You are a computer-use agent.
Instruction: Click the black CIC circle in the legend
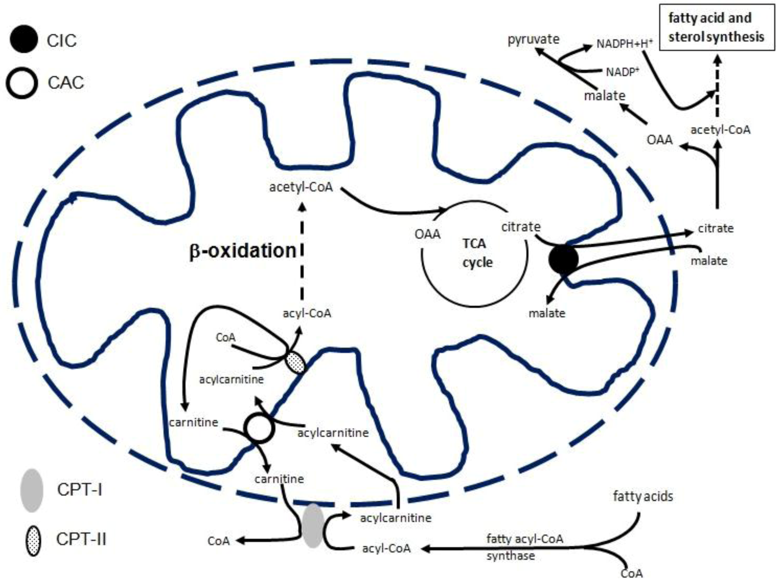pos(23,39)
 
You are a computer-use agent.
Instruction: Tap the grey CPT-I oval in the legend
pos(32,491)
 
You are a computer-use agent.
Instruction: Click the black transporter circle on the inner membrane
pos(564,260)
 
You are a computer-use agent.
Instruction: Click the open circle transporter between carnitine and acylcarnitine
pos(260,428)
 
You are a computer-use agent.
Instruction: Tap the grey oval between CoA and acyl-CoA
pos(313,526)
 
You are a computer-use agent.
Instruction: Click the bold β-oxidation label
pos(243,251)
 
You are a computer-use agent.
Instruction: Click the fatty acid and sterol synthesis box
pos(717,28)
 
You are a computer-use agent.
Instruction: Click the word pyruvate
pos(533,39)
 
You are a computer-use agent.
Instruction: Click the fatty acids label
pos(643,496)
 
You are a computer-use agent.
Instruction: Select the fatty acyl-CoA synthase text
pos(524,547)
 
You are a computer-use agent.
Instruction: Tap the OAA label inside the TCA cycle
pos(427,234)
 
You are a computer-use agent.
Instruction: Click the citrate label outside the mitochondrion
pos(716,228)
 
